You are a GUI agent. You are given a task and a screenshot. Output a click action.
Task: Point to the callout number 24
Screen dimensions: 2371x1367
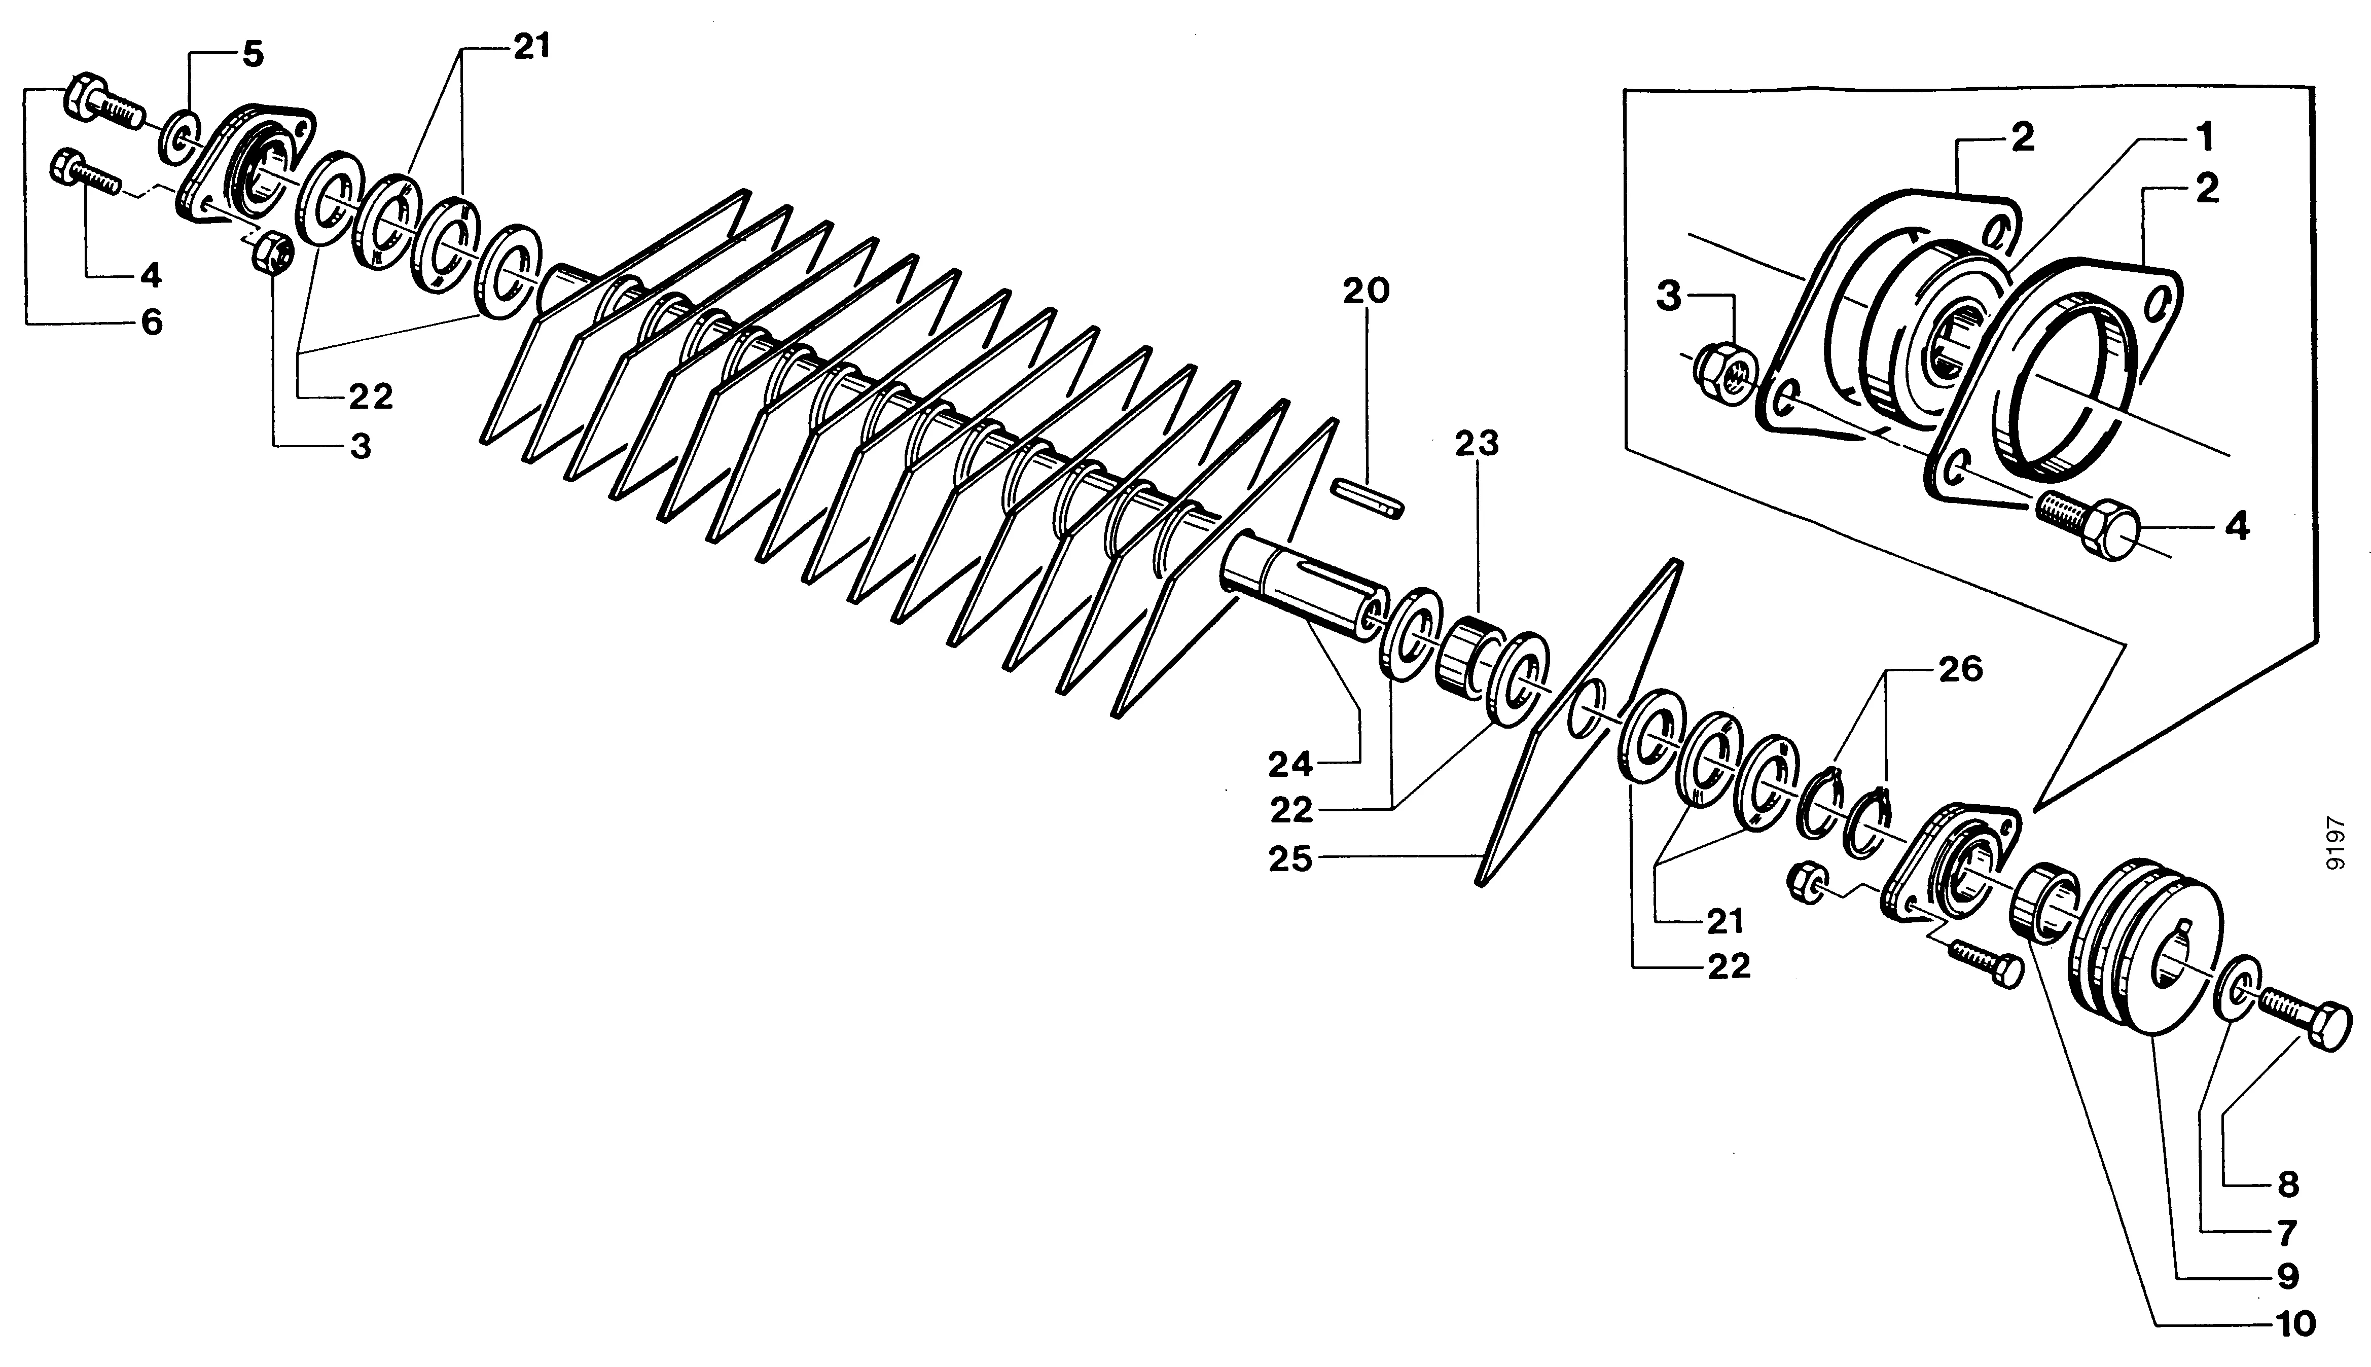tap(1290, 765)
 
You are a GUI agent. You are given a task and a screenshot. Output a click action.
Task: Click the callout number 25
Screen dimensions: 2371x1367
tap(1290, 860)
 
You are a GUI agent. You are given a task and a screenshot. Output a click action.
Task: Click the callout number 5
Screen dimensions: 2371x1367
tap(253, 54)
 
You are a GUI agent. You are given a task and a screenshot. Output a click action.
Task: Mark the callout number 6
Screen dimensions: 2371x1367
tap(151, 323)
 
